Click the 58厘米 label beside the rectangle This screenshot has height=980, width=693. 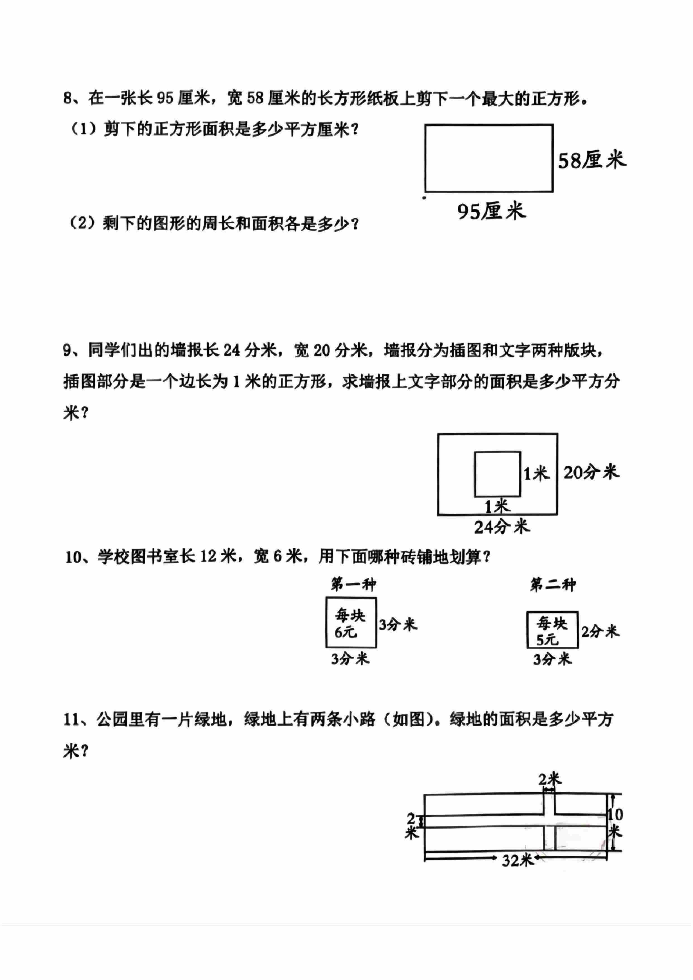[x=592, y=160]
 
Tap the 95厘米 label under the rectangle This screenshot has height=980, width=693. [x=492, y=211]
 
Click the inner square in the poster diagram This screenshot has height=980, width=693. [x=497, y=474]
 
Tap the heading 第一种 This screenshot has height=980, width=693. [x=353, y=584]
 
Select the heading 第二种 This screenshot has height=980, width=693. [x=553, y=584]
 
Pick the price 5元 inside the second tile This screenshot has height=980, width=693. [x=547, y=640]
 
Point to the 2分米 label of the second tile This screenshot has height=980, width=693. [x=600, y=631]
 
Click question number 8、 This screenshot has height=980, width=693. [x=72, y=99]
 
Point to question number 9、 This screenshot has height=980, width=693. [x=72, y=351]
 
